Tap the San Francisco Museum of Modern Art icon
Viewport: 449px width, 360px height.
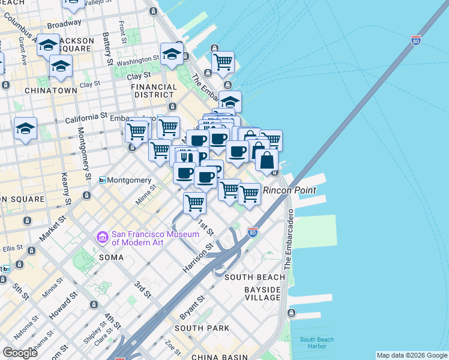tap(102, 238)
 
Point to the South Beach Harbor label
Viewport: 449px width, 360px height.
tap(314, 343)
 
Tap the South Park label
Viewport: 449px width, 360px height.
tap(202, 328)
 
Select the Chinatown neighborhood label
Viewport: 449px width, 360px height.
tap(51, 91)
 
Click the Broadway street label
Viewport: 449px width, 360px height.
tap(64, 25)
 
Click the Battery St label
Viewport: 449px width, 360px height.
tap(109, 49)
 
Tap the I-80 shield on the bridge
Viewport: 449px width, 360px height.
tap(415, 41)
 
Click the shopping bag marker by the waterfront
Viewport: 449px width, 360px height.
tap(267, 160)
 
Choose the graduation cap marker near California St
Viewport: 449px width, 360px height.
tap(26, 128)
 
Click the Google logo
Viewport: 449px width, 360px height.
tap(20, 352)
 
